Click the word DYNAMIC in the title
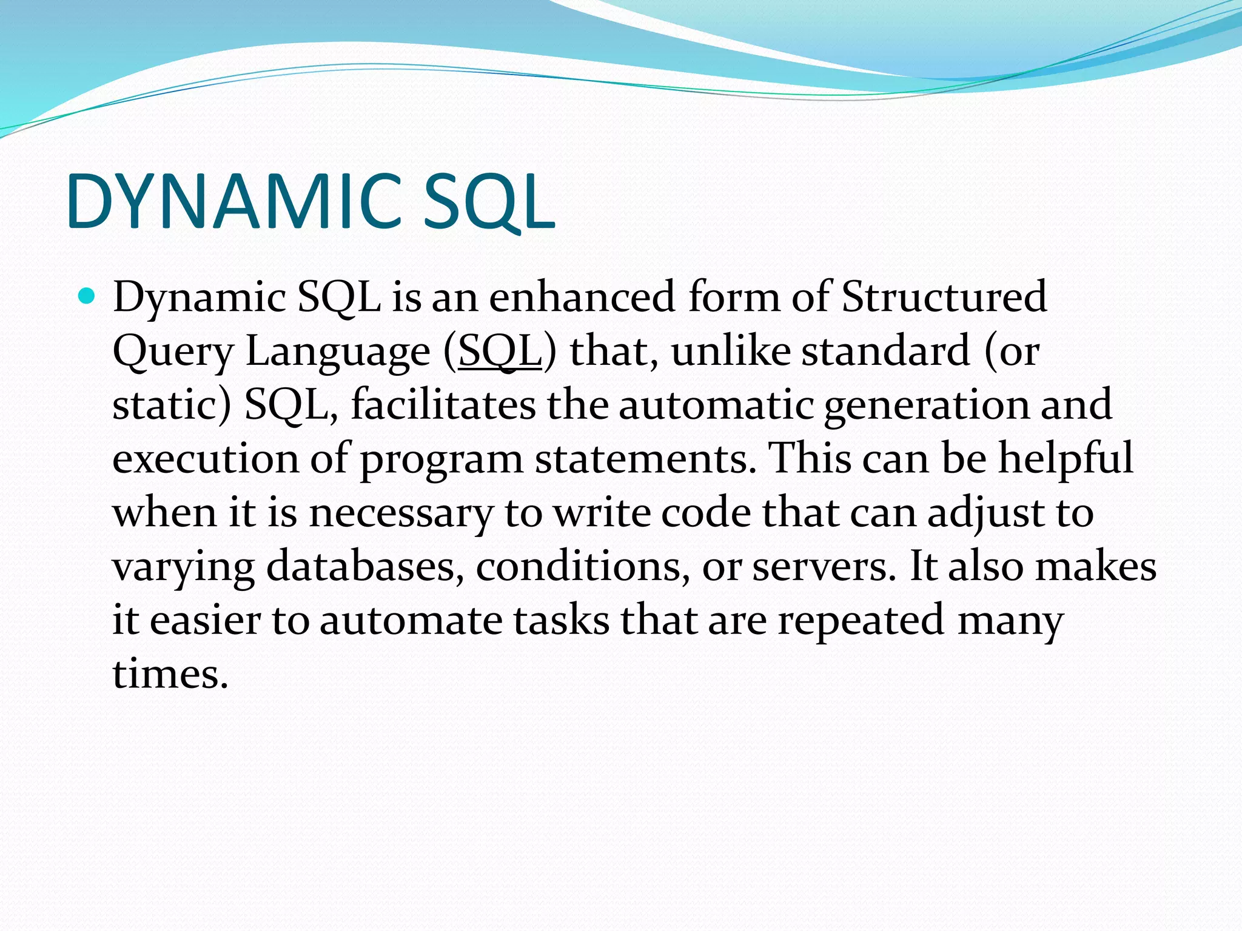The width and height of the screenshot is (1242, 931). coord(233,202)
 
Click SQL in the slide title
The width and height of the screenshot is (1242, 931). coord(488,202)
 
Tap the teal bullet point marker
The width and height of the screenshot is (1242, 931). coord(87,296)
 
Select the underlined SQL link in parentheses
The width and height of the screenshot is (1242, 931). coord(500,352)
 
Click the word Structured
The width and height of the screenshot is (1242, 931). coord(944,297)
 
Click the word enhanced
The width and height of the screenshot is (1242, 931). coord(582,297)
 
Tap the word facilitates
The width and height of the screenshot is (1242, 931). coord(443,405)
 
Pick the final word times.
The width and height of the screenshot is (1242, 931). coord(170,674)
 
